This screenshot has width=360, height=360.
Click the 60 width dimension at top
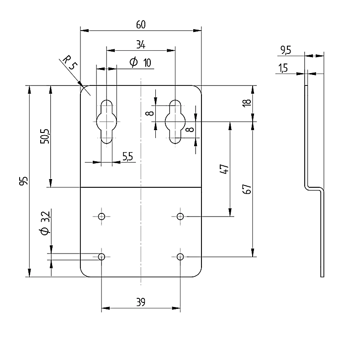pos(141,25)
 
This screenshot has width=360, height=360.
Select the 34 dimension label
pos(141,44)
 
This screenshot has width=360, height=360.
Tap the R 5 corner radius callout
pos(70,62)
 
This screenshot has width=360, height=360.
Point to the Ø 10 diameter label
pos(140,62)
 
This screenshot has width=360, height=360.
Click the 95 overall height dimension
pos(24,181)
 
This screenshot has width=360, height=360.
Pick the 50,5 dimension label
pos(45,137)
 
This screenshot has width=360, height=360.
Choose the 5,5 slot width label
pos(127,157)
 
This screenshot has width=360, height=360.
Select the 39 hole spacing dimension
pos(141,302)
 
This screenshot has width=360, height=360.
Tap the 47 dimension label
pos(224,169)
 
